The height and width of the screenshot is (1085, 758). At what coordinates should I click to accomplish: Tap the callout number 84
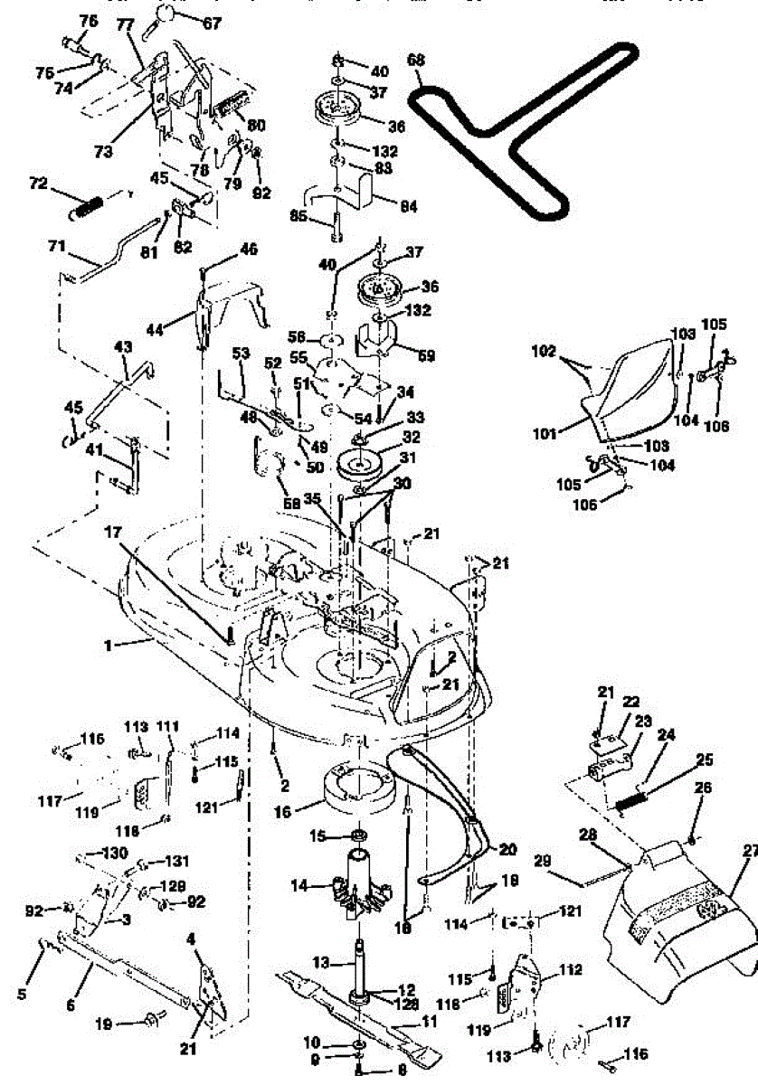pyautogui.click(x=409, y=207)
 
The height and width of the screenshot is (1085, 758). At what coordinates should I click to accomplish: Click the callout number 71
pyautogui.click(x=57, y=245)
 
